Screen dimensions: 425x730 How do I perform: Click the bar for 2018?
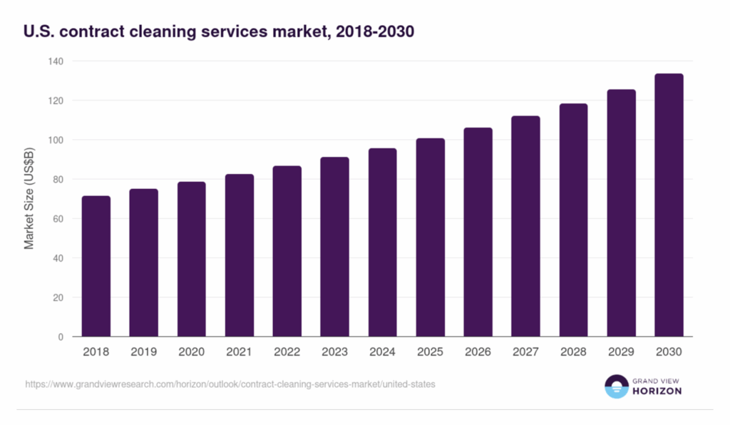(96, 266)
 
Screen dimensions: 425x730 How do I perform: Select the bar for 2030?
(669, 205)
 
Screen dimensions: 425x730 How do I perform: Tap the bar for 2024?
(382, 242)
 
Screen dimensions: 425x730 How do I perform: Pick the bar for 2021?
(240, 255)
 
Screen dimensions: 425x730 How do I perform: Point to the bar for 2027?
(525, 226)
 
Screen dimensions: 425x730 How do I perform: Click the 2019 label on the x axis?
(144, 352)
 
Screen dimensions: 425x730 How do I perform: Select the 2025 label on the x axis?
(430, 352)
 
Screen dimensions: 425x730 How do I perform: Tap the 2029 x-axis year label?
(621, 352)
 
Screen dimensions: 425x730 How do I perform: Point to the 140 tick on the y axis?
(55, 61)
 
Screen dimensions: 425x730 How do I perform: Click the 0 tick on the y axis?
(60, 337)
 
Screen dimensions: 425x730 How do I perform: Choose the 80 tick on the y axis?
(57, 180)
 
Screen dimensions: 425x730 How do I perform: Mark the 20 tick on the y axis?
(57, 297)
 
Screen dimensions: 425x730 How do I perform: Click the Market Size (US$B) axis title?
(29, 199)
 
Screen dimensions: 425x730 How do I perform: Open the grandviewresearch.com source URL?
(230, 384)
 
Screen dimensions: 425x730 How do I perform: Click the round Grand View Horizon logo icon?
(616, 385)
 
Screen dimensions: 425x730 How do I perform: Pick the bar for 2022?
(287, 251)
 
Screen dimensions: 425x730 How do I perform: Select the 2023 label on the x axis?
(334, 352)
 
